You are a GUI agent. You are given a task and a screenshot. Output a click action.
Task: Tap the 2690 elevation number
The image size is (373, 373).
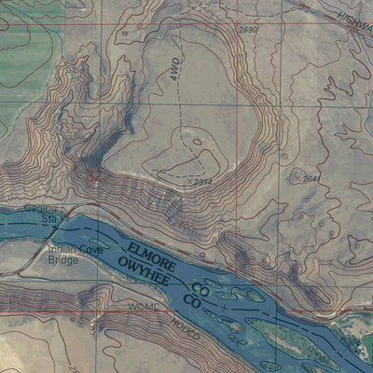click(247, 32)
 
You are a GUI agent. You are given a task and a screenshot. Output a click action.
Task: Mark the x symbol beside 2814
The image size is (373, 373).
click(189, 180)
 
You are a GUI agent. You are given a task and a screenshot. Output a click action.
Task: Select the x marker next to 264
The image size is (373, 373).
click(297, 176)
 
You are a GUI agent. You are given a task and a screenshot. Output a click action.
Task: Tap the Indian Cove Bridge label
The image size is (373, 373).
click(70, 255)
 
